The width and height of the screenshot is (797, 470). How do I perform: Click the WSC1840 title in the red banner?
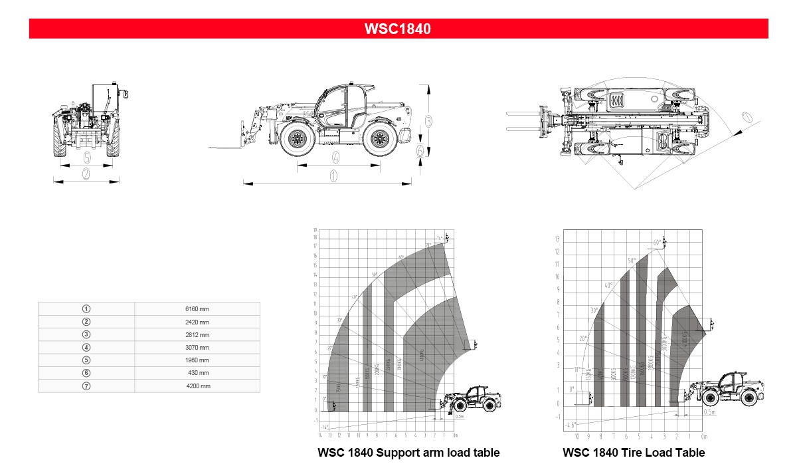[398, 29]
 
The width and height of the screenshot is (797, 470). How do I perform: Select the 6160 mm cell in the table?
[197, 309]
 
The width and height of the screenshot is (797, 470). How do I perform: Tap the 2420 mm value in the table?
[197, 322]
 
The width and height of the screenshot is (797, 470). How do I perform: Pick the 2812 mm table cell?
[197, 334]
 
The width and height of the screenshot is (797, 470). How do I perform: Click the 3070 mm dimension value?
[197, 348]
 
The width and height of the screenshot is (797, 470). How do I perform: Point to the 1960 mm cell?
[197, 360]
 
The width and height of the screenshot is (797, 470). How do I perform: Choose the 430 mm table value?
[199, 373]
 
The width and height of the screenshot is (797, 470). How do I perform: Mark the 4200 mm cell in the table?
[197, 386]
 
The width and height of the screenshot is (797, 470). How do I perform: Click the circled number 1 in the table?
[86, 309]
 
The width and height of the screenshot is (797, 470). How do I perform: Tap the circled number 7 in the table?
[86, 386]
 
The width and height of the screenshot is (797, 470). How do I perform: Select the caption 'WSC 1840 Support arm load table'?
[408, 453]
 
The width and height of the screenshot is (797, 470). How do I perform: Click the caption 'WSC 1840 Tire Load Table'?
[634, 453]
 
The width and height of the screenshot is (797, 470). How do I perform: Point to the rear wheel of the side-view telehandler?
[379, 140]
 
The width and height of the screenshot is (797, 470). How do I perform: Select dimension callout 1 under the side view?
[333, 176]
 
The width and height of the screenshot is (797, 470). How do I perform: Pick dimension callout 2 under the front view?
[86, 174]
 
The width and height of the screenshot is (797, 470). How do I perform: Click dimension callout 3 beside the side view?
[429, 122]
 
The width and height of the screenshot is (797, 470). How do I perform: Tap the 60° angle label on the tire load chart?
[657, 243]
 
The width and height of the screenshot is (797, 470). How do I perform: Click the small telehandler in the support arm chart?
[474, 400]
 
